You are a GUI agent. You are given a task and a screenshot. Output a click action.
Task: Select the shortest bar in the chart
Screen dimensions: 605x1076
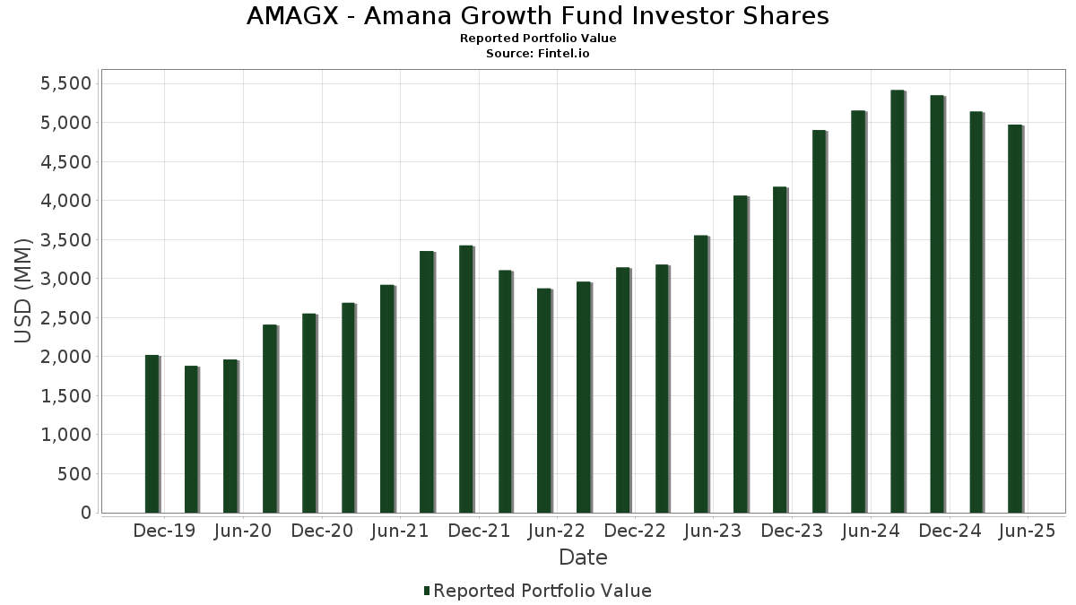tap(191, 439)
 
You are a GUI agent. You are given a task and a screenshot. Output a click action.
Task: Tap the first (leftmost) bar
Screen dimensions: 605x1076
tap(152, 434)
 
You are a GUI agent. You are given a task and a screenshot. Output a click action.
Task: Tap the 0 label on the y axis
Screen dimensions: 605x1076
tap(86, 513)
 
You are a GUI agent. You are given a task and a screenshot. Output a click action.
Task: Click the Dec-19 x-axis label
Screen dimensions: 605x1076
tap(164, 532)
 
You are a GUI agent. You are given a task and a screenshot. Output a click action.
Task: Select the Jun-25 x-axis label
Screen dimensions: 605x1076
tap(1026, 532)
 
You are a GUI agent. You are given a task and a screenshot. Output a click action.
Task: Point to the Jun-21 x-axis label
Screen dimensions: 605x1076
tap(400, 532)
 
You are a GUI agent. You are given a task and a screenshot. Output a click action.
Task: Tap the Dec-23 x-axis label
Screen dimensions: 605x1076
tap(792, 532)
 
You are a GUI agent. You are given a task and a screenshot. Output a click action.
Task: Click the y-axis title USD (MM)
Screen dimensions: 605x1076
tap(24, 290)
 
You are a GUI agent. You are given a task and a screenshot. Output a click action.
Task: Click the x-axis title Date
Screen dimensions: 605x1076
tap(583, 557)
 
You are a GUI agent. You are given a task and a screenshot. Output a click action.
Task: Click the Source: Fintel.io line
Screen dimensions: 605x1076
tap(538, 54)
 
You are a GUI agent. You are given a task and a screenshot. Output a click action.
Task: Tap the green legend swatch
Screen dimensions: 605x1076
tap(427, 591)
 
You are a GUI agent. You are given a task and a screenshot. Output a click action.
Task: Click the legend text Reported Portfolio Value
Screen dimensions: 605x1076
tap(542, 591)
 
